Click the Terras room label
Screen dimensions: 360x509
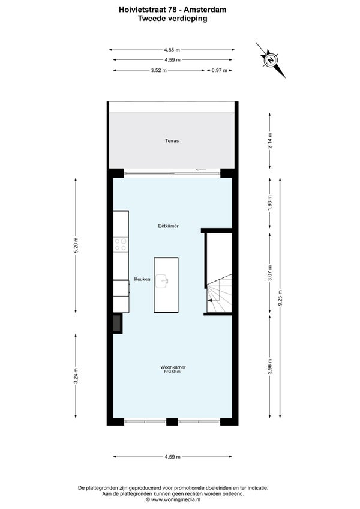click(x=172, y=141)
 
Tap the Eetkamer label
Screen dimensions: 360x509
click(x=168, y=226)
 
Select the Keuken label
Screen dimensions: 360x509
click(x=142, y=279)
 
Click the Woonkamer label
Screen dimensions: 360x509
click(x=173, y=367)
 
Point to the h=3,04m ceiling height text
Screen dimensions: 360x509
click(x=172, y=372)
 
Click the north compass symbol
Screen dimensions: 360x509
click(x=271, y=60)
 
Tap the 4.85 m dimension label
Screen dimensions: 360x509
click(x=172, y=50)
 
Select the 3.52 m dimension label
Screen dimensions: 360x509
click(x=159, y=70)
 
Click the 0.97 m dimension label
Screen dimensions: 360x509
click(x=220, y=70)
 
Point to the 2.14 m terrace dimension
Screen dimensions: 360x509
click(x=270, y=140)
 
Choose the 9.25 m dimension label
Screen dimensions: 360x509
click(x=280, y=297)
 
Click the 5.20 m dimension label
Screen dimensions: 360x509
click(x=76, y=245)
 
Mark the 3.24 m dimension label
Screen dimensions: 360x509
click(x=76, y=376)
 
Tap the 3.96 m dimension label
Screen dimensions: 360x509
click(x=270, y=366)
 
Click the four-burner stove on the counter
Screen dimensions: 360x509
click(x=121, y=244)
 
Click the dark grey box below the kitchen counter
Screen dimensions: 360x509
click(x=117, y=323)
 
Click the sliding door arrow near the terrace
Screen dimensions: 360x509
click(x=201, y=169)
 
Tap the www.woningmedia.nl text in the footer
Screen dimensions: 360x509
click(x=175, y=499)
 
